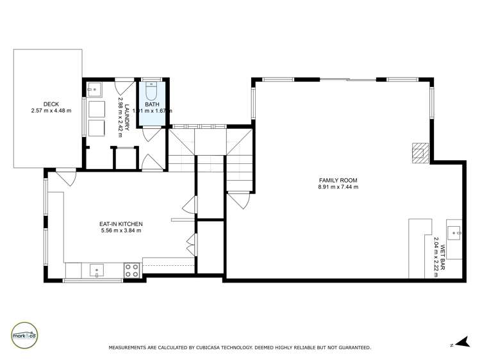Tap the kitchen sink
tap(97, 270)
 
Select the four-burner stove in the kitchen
tap(132, 270)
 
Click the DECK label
tap(51, 104)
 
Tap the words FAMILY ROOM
tap(338, 181)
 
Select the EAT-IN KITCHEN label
tap(120, 224)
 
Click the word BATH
tap(152, 104)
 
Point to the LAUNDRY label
tap(128, 118)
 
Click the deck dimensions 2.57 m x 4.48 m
tap(51, 111)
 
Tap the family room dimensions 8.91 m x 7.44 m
tap(338, 188)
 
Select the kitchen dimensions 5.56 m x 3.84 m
tap(120, 231)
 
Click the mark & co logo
tap(24, 334)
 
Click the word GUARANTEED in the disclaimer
tap(352, 348)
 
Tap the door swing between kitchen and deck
tap(65, 175)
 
